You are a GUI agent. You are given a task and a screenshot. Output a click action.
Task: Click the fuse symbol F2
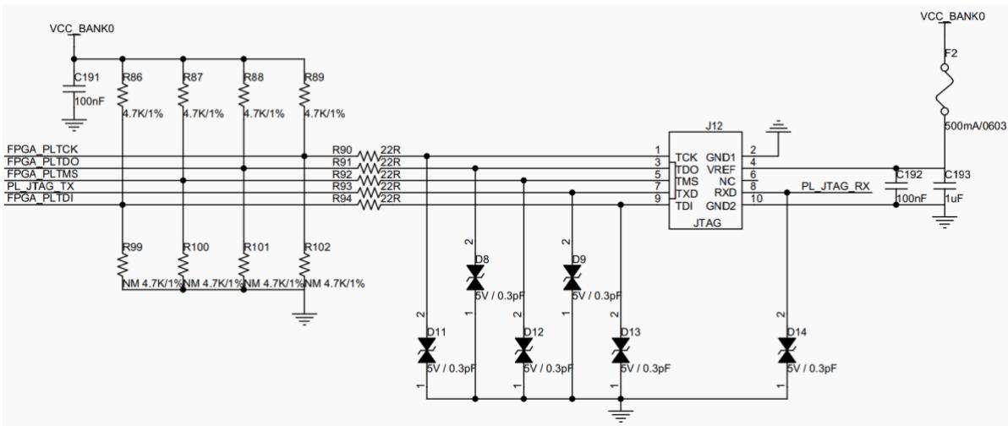(945, 89)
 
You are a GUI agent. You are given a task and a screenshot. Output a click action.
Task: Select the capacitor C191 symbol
(74, 90)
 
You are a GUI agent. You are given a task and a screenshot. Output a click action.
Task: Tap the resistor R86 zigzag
(122, 96)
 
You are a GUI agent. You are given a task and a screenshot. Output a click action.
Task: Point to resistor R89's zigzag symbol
(304, 96)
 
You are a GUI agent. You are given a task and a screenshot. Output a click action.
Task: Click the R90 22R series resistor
(369, 156)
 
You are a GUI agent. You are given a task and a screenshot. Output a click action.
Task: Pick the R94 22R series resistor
(369, 205)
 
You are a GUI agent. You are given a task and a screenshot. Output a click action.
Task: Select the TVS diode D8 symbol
(475, 280)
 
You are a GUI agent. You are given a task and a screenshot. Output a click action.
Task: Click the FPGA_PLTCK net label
(41, 150)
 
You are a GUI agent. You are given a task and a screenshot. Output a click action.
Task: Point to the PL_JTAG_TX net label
(39, 186)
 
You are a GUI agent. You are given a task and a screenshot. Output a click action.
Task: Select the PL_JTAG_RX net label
(835, 186)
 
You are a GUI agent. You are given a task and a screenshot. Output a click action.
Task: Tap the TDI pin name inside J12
(683, 205)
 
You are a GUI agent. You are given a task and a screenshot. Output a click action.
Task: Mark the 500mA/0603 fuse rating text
(974, 127)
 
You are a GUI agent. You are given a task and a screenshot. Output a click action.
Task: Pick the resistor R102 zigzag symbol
(304, 264)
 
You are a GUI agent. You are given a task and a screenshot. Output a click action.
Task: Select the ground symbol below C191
(74, 123)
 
